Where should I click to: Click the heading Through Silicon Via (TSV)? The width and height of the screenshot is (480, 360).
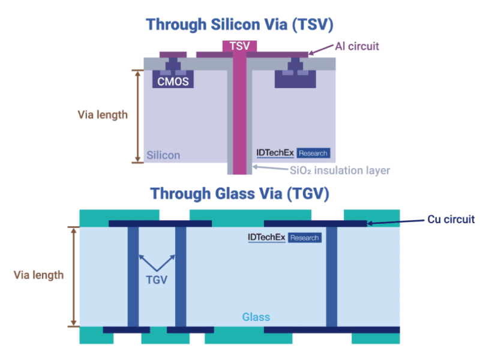click(x=240, y=25)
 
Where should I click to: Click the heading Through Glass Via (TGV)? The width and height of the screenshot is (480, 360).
click(x=240, y=194)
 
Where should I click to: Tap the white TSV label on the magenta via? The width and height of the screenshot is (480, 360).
click(x=240, y=46)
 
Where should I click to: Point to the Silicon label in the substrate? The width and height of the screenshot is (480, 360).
click(x=163, y=155)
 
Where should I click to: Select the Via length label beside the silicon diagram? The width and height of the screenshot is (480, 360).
click(x=103, y=114)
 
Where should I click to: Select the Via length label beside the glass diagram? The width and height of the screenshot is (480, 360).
click(x=38, y=275)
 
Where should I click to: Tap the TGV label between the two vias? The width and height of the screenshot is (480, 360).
click(x=157, y=279)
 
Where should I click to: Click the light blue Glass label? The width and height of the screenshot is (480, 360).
click(x=256, y=317)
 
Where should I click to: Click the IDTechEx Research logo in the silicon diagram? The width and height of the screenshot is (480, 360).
click(x=293, y=153)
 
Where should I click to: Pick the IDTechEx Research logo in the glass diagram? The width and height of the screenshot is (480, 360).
click(x=284, y=238)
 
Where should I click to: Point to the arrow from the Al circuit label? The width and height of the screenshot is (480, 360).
click(x=322, y=50)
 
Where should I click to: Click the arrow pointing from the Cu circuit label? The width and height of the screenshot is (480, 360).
click(x=390, y=222)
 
